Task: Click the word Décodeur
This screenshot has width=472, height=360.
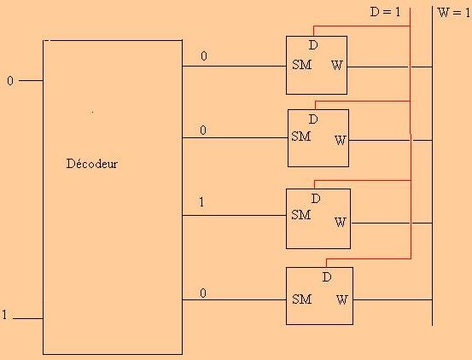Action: pos(92,164)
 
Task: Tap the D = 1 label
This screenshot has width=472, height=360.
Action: pos(385,12)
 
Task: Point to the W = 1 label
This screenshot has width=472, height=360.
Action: pos(454,13)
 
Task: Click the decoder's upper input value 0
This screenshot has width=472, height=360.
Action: pos(10,80)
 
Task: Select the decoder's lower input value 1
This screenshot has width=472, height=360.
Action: pos(4,315)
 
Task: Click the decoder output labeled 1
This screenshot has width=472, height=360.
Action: pos(201,202)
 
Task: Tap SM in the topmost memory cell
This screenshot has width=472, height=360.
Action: pos(301,65)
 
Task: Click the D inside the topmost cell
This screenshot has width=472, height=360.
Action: pos(313,45)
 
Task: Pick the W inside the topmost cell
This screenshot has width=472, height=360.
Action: pos(337,65)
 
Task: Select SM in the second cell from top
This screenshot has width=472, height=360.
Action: pos(301,136)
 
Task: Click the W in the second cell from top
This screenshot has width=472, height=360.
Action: pos(341,140)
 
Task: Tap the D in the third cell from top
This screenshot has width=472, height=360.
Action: pos(316,199)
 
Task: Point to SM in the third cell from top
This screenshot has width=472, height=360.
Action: pos(301,215)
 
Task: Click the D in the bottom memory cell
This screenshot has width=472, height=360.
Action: pos(327,276)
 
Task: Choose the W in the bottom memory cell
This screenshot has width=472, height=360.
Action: pos(342,299)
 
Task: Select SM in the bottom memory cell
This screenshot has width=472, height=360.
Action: pos(301,299)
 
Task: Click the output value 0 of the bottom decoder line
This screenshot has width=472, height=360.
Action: pos(203,293)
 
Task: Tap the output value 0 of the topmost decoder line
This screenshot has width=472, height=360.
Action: pos(204,56)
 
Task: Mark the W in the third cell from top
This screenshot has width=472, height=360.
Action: pos(341,223)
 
